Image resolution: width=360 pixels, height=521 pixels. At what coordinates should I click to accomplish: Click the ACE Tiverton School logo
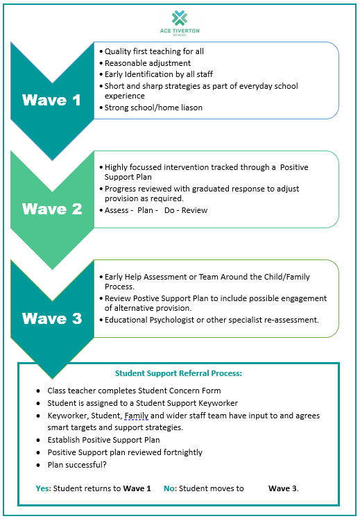pos(180,23)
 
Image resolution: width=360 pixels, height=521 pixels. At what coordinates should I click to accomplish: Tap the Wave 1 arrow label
pos(51,100)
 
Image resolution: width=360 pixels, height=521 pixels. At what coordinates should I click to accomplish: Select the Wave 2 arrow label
pos(52,209)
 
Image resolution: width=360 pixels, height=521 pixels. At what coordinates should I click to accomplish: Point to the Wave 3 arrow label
pos(52,318)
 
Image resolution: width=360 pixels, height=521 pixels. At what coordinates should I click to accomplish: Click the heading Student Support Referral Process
pos(178,373)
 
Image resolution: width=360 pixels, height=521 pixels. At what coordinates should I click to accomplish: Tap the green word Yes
pos(42,488)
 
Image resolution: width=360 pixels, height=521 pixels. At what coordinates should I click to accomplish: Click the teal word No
pos(169,488)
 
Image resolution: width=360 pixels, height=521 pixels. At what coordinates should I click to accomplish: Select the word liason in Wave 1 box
pos(191,108)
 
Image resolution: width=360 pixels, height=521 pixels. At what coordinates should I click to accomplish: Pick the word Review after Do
pos(194,210)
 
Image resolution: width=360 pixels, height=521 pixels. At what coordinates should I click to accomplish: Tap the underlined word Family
pos(137,416)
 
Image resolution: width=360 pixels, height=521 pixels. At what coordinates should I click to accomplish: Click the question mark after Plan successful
pos(105,465)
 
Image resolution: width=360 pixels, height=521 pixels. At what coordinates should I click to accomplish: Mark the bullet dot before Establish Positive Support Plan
pos(39,441)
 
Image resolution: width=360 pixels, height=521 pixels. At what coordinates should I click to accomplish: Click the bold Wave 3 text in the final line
pos(282,488)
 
